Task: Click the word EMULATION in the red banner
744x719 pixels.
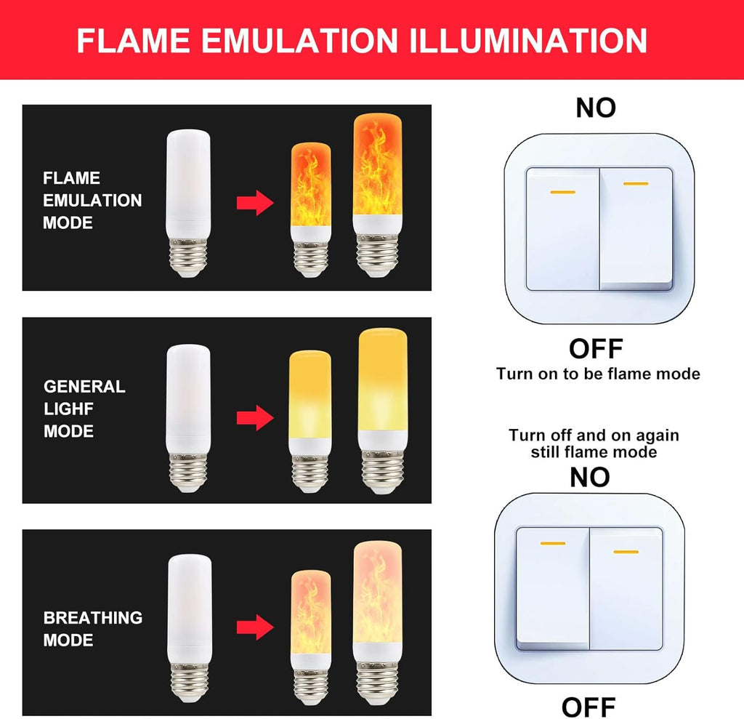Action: [299, 41]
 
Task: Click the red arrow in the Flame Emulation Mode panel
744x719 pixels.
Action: [255, 203]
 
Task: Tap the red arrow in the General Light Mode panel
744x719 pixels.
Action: [255, 417]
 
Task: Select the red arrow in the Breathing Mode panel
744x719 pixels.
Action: [255, 627]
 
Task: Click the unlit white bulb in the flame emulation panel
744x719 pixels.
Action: [188, 204]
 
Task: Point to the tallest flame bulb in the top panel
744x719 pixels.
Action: [378, 195]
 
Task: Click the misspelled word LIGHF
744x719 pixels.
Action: [68, 409]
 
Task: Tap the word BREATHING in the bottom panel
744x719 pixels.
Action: [92, 617]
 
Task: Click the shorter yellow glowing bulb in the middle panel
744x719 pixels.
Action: [310, 421]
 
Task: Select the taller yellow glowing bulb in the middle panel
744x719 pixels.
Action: [382, 411]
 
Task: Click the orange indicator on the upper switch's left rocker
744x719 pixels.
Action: [563, 193]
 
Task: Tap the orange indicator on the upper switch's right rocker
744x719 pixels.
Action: [636, 184]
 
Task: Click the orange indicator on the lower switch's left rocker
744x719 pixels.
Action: [553, 543]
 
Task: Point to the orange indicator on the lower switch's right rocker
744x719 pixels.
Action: [626, 552]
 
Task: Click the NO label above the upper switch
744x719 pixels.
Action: [596, 108]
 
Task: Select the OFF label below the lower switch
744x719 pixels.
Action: [589, 707]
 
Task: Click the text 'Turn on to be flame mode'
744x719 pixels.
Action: [598, 374]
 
